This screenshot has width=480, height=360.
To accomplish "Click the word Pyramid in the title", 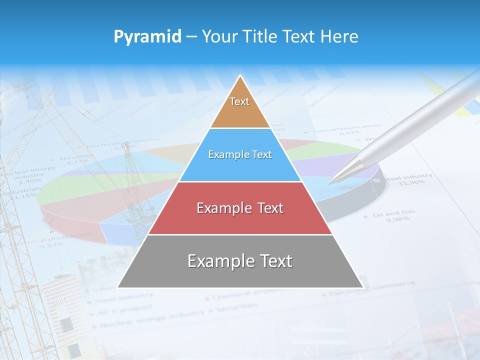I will [x=147, y=37].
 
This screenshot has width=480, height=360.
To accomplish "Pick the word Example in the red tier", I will [x=224, y=208].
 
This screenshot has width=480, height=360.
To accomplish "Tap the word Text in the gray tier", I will [x=274, y=261].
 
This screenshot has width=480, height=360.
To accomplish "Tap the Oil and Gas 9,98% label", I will [x=393, y=215].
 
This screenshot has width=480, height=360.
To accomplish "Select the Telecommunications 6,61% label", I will [x=344, y=130].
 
